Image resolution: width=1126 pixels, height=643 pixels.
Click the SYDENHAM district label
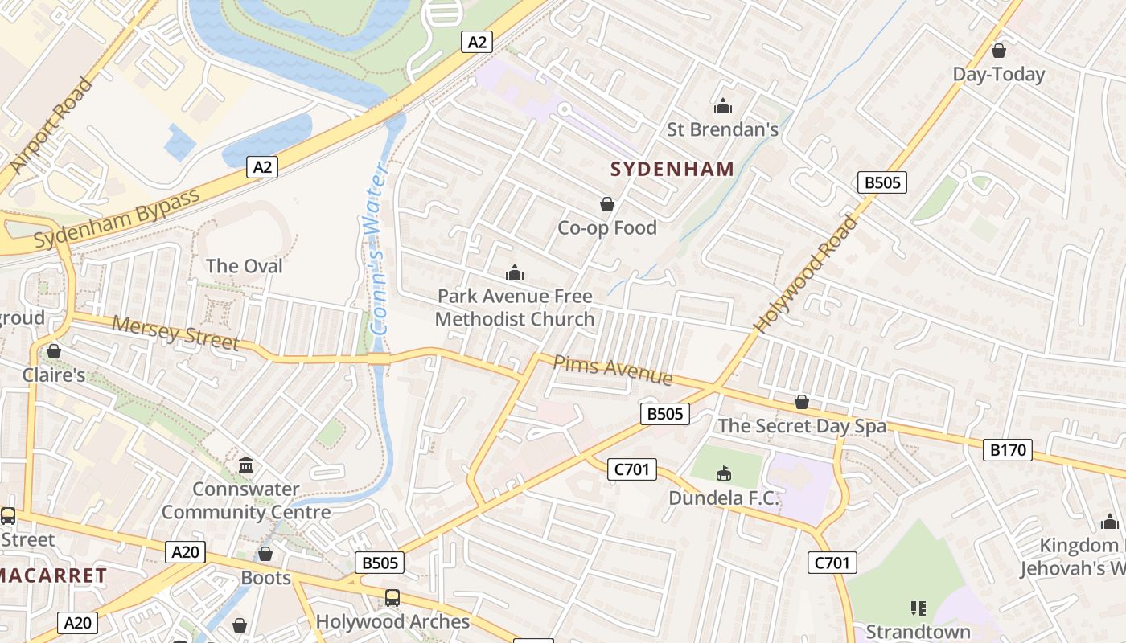click(x=672, y=169)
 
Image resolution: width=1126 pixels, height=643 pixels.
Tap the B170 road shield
click(x=1008, y=449)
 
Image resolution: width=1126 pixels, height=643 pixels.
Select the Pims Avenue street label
click(x=613, y=369)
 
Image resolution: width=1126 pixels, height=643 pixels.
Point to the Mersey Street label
click(x=175, y=333)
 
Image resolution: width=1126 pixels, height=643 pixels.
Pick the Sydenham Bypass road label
click(x=117, y=219)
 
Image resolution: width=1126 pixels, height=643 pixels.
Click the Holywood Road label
click(x=805, y=274)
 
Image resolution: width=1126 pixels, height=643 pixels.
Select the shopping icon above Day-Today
click(x=999, y=51)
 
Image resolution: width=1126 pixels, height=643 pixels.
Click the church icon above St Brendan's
click(x=723, y=106)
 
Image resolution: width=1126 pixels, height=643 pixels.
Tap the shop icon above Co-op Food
click(x=607, y=205)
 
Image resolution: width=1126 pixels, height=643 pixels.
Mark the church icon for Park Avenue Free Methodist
click(x=515, y=273)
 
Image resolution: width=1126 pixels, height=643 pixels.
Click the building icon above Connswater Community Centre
click(x=246, y=465)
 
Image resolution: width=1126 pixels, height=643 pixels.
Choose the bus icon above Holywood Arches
click(x=392, y=598)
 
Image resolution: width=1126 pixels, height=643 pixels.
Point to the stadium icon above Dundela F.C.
click(x=724, y=474)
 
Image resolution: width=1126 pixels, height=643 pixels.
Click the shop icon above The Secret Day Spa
click(x=802, y=402)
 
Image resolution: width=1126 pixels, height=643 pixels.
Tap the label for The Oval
click(x=244, y=266)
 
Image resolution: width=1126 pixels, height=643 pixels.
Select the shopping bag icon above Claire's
click(x=54, y=352)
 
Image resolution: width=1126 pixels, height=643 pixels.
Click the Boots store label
click(x=265, y=578)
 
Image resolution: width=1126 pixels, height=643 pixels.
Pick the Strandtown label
click(x=918, y=632)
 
